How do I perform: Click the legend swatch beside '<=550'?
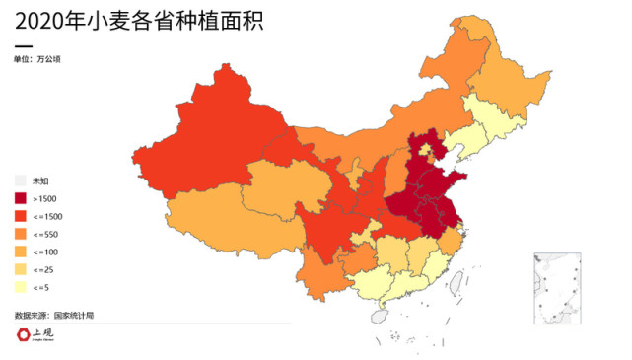click(x=21, y=234)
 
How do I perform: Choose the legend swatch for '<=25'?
click(x=21, y=269)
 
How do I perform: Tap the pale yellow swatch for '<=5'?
click(x=21, y=287)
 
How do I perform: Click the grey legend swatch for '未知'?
click(x=21, y=180)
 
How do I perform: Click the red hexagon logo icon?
click(x=23, y=335)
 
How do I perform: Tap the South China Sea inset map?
click(x=560, y=290)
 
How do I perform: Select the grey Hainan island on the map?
click(x=377, y=318)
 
